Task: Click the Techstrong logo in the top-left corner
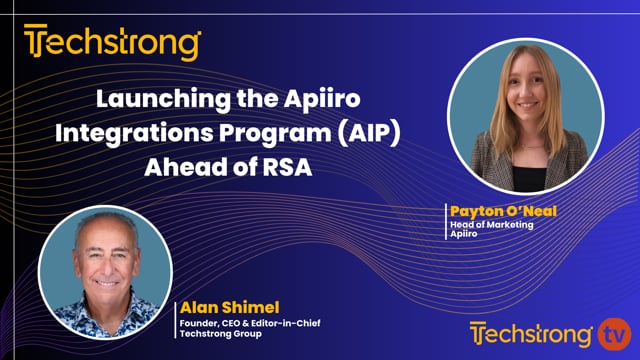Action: (112, 43)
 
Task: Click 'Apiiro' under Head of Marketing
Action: (464, 235)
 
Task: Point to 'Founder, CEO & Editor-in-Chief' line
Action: (245, 322)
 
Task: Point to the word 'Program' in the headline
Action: (275, 134)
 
